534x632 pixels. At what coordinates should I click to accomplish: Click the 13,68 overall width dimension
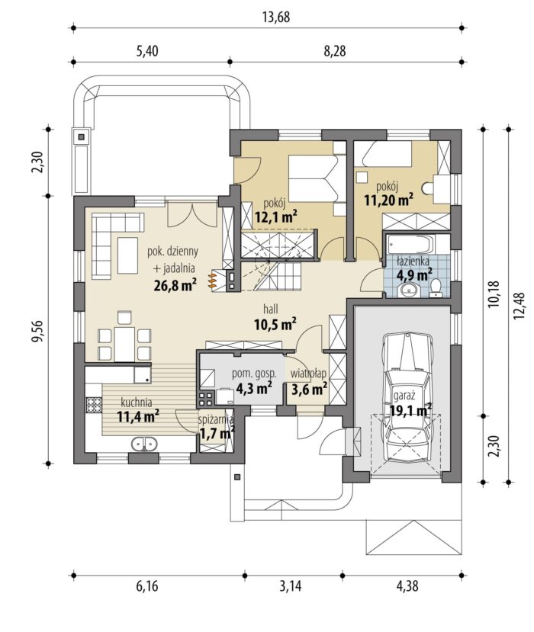(276, 18)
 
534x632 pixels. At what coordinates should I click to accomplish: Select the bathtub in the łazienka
(410, 243)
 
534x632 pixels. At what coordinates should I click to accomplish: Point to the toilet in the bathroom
(436, 287)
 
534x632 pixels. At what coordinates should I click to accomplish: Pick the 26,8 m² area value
(175, 285)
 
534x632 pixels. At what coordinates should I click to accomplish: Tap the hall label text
(271, 310)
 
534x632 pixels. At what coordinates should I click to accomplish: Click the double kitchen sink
(144, 444)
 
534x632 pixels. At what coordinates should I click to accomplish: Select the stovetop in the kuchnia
(94, 405)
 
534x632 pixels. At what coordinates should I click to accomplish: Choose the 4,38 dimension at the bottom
(407, 586)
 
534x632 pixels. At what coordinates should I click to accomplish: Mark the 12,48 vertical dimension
(520, 306)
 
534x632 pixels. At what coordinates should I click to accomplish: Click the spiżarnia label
(216, 419)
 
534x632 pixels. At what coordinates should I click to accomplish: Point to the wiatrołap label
(308, 374)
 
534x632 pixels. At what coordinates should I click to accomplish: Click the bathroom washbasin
(409, 290)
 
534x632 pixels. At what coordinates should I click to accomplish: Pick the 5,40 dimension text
(147, 51)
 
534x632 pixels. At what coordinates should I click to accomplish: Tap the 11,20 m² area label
(389, 200)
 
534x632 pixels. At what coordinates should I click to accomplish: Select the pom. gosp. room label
(254, 374)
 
